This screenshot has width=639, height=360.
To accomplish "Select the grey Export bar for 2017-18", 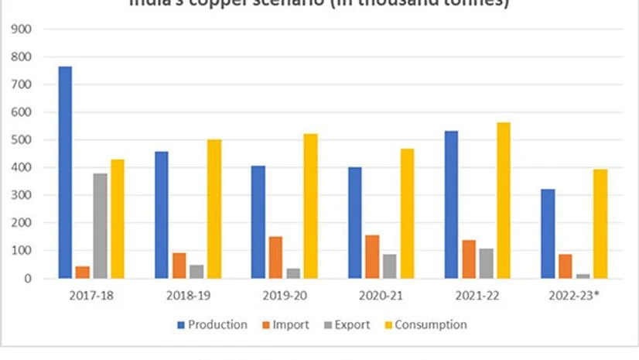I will [x=100, y=225].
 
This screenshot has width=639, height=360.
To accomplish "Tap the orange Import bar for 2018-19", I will [x=179, y=265].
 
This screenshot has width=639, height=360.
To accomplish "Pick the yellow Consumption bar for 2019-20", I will [x=310, y=206].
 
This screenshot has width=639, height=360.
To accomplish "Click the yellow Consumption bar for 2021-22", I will [x=504, y=200].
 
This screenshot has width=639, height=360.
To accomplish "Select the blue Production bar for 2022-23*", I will [x=548, y=233].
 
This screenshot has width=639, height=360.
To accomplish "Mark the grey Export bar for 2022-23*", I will [x=583, y=276].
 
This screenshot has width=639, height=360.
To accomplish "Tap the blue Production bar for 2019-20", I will [x=258, y=221].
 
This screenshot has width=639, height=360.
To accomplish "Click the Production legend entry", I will [x=213, y=325].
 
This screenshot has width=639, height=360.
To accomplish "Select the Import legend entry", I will [x=288, y=325].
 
